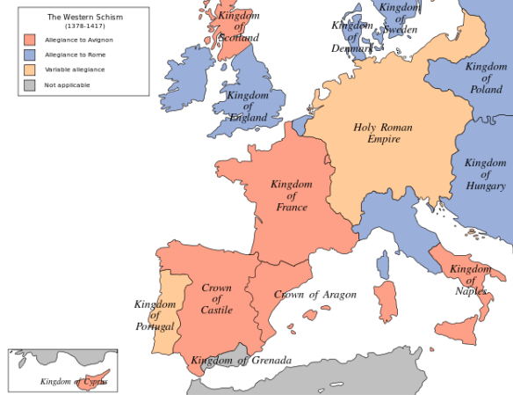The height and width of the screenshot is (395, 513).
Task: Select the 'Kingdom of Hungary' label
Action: click(x=485, y=174)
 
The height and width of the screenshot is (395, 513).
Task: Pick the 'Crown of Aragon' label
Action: click(x=314, y=294)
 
